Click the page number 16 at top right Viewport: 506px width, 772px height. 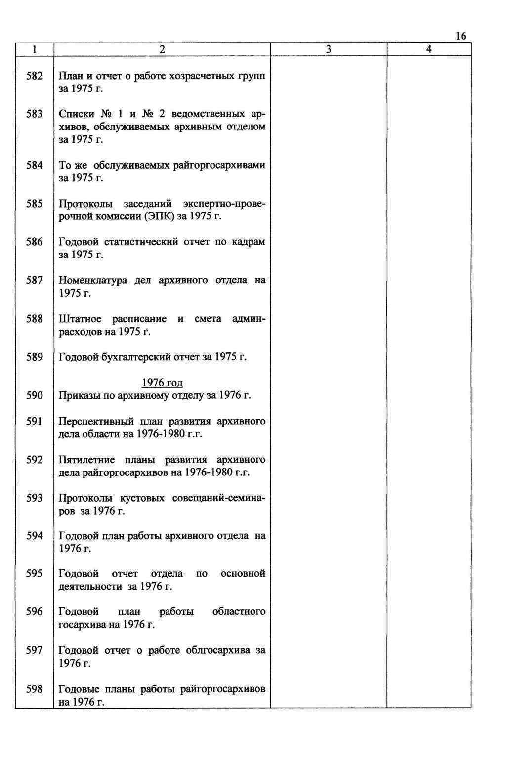click(x=460, y=36)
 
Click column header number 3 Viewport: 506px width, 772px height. click(x=329, y=49)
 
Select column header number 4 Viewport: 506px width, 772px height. click(x=428, y=49)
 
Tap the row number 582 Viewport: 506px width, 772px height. click(x=35, y=76)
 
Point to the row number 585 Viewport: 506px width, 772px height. click(x=35, y=204)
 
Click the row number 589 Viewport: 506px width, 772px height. click(x=35, y=357)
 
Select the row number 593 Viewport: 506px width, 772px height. click(x=35, y=498)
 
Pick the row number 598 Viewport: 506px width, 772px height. click(x=35, y=689)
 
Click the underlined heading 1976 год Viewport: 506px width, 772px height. click(x=162, y=383)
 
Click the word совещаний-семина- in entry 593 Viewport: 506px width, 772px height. click(x=218, y=498)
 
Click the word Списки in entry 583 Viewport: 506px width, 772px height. click(x=75, y=114)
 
